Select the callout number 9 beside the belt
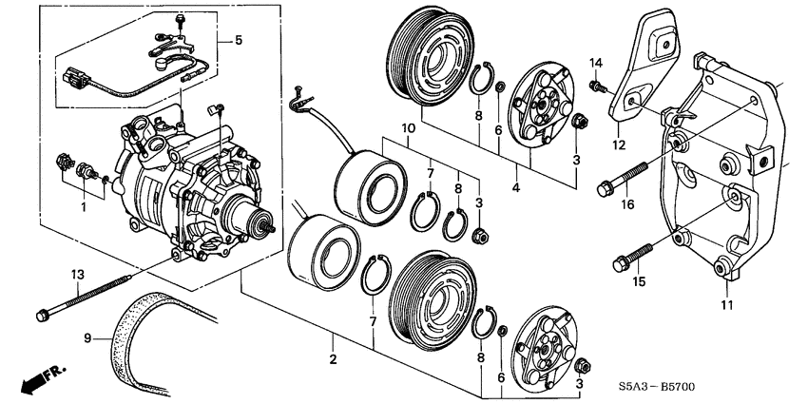(87, 337)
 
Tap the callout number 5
(239, 41)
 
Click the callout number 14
(596, 63)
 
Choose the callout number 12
(620, 145)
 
